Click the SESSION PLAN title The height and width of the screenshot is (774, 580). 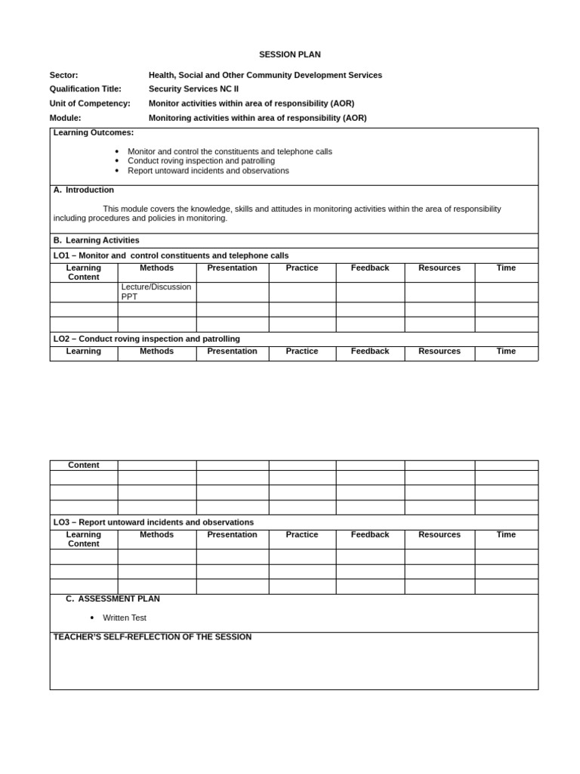(x=289, y=54)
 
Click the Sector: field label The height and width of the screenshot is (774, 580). (x=63, y=75)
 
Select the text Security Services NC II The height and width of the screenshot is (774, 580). (x=193, y=88)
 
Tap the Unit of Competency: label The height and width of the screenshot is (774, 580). (x=90, y=103)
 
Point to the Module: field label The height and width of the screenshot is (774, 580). (x=65, y=118)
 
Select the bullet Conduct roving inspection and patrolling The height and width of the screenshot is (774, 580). (x=201, y=161)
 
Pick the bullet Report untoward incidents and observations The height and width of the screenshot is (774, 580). (x=208, y=171)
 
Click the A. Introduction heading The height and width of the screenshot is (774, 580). (x=84, y=190)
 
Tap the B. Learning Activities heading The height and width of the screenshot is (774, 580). (x=96, y=240)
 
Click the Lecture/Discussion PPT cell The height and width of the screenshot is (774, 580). (x=156, y=292)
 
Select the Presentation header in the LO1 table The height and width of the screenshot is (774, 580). (x=232, y=268)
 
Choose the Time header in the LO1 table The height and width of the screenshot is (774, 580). (x=506, y=268)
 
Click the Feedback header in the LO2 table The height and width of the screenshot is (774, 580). (x=370, y=351)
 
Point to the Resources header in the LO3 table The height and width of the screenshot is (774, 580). (x=440, y=534)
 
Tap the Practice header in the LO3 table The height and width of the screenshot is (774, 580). (x=302, y=534)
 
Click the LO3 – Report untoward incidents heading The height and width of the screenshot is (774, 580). (x=153, y=522)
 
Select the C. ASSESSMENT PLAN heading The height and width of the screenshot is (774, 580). (x=113, y=599)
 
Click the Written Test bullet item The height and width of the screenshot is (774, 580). (x=125, y=618)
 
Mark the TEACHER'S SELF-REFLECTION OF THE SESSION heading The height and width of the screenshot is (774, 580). (x=153, y=637)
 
